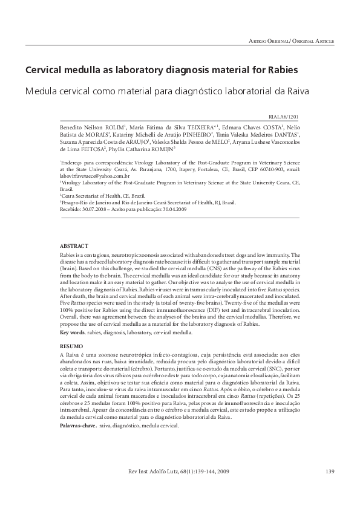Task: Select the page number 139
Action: (x=330, y=472)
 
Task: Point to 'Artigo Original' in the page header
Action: (x=269, y=40)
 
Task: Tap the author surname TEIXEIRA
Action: (x=191, y=128)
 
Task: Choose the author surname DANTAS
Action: (x=284, y=134)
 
